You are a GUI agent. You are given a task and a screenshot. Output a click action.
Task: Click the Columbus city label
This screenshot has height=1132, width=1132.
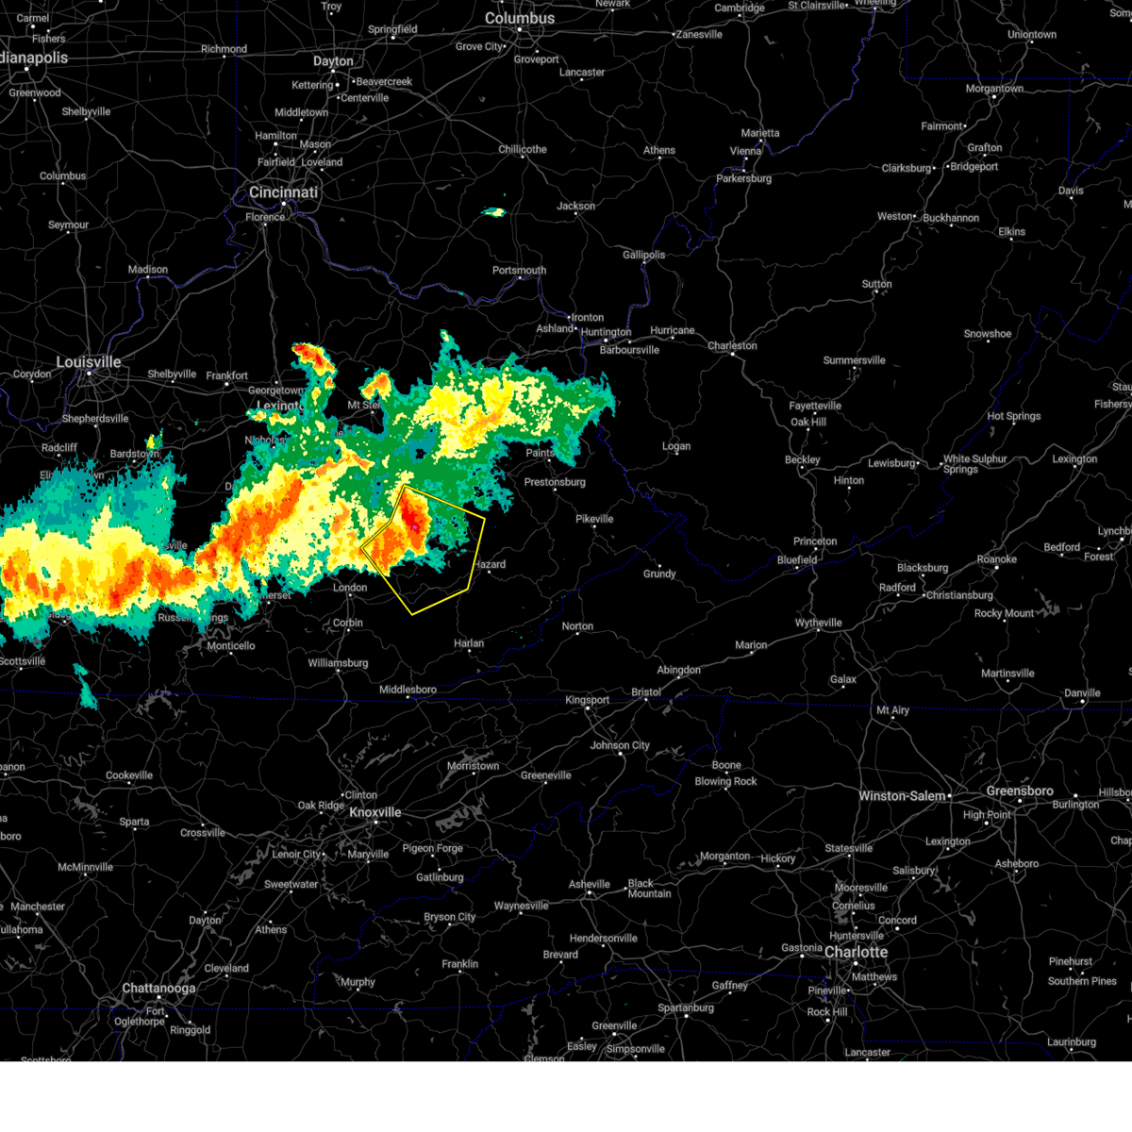tap(520, 18)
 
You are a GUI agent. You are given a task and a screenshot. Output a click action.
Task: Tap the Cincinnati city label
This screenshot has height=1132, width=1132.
tap(283, 192)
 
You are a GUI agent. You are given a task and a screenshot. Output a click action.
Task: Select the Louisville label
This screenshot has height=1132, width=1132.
tap(89, 362)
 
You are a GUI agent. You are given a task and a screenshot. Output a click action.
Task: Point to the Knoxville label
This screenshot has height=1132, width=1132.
tap(375, 812)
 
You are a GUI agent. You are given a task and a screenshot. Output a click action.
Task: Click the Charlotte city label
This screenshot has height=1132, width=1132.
tap(856, 952)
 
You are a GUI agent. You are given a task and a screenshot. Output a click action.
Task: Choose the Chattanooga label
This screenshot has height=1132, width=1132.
tap(158, 989)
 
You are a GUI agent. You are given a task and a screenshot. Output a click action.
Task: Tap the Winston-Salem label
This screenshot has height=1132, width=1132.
tap(902, 796)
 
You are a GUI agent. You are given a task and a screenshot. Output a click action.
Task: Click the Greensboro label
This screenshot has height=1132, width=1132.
tap(1020, 791)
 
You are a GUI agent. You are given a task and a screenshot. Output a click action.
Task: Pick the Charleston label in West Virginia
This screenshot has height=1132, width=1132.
tap(732, 346)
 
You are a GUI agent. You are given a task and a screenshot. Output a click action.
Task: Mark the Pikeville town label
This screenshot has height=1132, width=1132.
tap(594, 519)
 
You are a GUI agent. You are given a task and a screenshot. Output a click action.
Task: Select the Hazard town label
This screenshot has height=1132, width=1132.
tap(490, 565)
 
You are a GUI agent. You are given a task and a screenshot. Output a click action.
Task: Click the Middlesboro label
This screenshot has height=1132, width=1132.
tap(408, 690)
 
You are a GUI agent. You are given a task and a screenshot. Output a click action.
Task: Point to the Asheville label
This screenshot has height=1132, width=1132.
tap(590, 884)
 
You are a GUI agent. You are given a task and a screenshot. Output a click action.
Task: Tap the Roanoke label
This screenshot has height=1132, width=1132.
tap(997, 559)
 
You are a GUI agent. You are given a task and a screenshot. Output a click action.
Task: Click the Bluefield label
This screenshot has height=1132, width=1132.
tap(797, 559)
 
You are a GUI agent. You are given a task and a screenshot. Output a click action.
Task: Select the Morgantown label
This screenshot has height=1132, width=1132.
tap(994, 89)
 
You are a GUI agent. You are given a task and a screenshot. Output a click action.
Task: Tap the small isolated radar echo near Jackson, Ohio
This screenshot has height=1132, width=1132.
tap(493, 212)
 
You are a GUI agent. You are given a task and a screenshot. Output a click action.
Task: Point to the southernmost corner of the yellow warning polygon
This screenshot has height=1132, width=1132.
tap(413, 614)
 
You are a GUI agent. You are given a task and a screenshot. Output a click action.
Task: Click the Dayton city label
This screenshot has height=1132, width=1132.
tap(333, 61)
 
